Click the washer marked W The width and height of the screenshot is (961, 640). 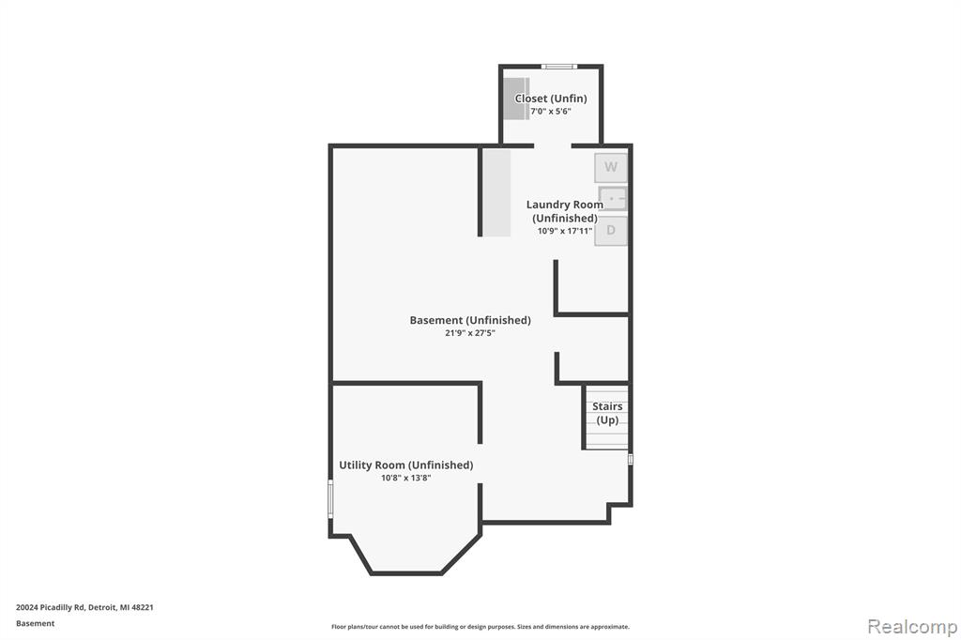click(610, 167)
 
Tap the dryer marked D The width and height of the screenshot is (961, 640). click(610, 231)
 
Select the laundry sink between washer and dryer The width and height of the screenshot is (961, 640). click(612, 199)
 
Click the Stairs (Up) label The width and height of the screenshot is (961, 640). click(607, 413)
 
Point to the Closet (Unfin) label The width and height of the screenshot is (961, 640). click(551, 99)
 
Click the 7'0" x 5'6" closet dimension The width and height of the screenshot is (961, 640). click(551, 111)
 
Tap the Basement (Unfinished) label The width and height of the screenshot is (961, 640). click(470, 320)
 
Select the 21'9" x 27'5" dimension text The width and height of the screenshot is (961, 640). click(470, 333)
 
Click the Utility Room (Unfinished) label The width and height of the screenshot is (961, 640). click(405, 465)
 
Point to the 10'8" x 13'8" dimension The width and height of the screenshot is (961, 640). click(405, 478)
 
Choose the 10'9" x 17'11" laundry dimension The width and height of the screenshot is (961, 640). click(564, 231)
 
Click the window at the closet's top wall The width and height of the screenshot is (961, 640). click(559, 67)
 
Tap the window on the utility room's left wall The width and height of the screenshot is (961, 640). click(331, 499)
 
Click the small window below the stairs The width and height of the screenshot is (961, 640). click(630, 459)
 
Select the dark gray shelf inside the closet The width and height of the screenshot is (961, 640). click(516, 99)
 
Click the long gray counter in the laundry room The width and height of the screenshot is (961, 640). click(497, 192)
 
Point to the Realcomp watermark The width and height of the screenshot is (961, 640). click(912, 627)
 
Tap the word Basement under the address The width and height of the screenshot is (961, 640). click(35, 623)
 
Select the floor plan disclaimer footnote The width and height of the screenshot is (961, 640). click(480, 627)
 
